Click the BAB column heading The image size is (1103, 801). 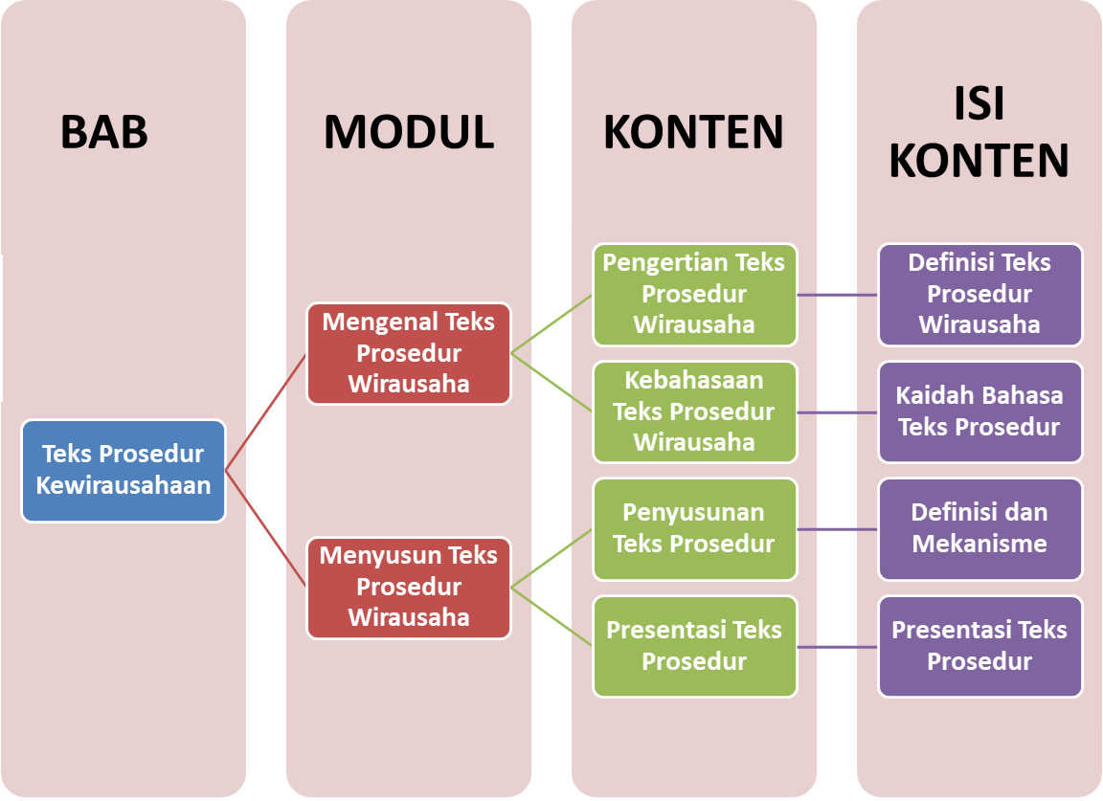(104, 132)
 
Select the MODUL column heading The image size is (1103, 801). (409, 132)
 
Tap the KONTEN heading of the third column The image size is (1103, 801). (693, 132)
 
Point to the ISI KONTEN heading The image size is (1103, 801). (979, 134)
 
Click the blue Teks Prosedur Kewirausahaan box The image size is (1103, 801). (124, 471)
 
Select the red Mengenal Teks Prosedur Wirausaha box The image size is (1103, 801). (409, 353)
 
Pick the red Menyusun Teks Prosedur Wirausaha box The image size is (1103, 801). (409, 588)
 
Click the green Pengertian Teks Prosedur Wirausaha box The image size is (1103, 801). (694, 294)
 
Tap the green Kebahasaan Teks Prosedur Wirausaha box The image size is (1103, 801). (694, 412)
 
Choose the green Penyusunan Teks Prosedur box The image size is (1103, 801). (694, 529)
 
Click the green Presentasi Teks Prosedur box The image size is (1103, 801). (694, 646)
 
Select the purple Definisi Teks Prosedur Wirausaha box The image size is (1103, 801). (979, 294)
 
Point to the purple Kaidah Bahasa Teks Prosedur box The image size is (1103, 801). (979, 412)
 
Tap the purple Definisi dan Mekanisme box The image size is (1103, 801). (979, 529)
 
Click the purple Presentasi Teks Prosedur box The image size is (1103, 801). (979, 646)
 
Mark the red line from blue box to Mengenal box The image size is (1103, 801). (266, 412)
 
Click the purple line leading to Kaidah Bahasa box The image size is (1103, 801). (838, 412)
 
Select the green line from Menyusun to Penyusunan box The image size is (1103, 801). (552, 558)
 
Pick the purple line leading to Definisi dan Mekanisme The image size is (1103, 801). (838, 529)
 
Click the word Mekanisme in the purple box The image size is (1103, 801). (979, 545)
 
